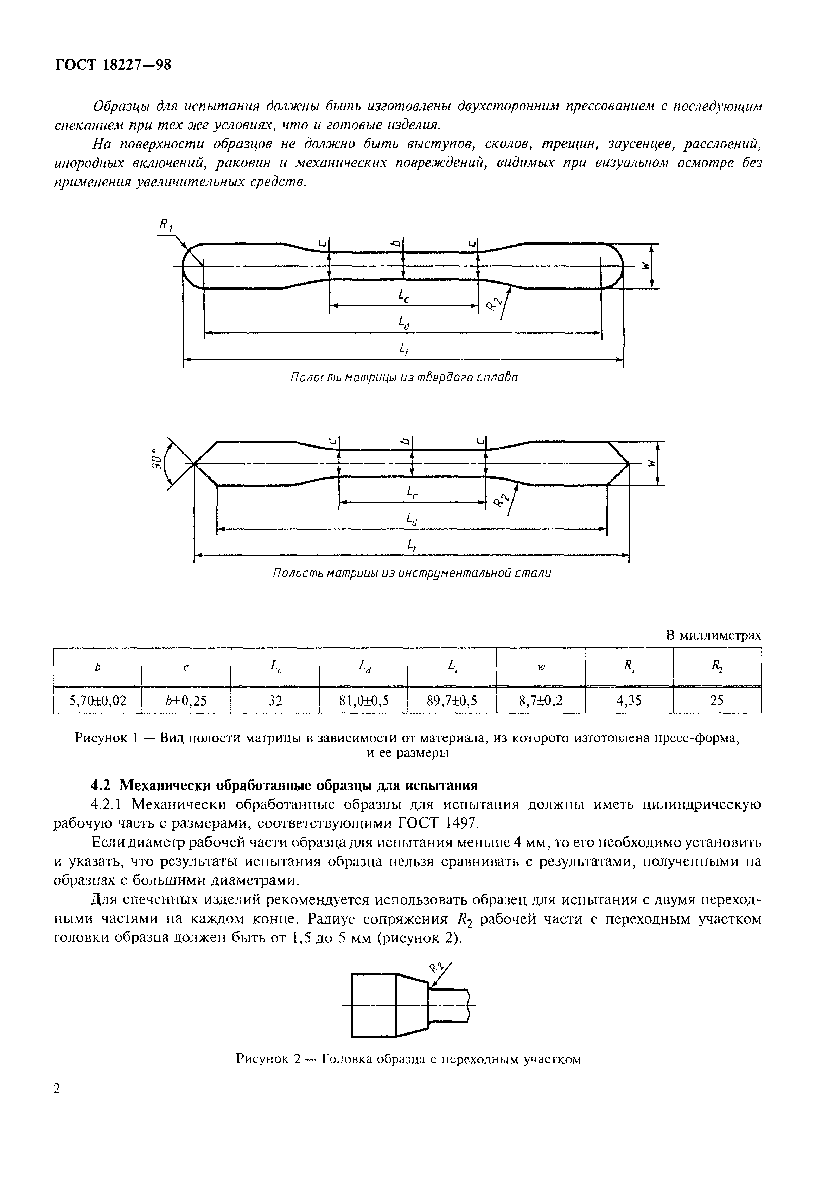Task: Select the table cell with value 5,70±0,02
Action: tap(97, 700)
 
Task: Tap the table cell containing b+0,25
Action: tap(186, 700)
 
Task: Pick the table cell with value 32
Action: tap(275, 700)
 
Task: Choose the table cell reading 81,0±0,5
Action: tap(364, 700)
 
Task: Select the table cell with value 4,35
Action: tap(629, 700)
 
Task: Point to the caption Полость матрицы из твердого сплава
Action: tap(404, 378)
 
